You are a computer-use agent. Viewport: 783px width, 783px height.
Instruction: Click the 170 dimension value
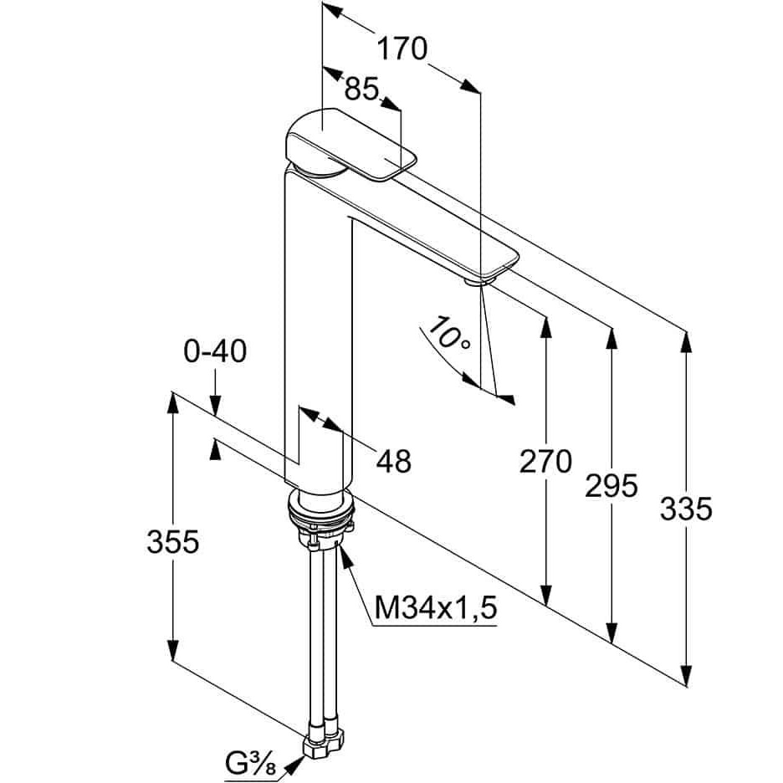click(x=402, y=49)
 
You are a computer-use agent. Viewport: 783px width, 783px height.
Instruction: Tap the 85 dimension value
click(x=362, y=90)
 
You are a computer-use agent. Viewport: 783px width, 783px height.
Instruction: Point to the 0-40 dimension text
click(x=215, y=351)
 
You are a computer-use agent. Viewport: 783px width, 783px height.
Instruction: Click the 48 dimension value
click(x=394, y=460)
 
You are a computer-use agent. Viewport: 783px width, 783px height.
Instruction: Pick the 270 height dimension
click(x=545, y=461)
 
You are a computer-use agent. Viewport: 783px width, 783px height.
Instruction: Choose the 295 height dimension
click(x=612, y=485)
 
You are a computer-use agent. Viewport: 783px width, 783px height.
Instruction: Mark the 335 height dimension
click(x=686, y=509)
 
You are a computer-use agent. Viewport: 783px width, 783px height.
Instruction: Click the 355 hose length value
click(x=173, y=541)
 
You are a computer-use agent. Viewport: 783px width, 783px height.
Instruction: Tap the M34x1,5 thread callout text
click(x=436, y=608)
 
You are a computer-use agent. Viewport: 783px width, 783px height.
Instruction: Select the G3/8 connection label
click(x=250, y=764)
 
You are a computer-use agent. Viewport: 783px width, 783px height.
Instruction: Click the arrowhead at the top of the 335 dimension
click(x=686, y=344)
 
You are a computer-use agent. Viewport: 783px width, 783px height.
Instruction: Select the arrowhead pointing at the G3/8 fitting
click(x=294, y=764)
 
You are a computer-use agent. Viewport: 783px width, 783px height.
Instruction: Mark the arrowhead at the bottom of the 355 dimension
click(x=173, y=648)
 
